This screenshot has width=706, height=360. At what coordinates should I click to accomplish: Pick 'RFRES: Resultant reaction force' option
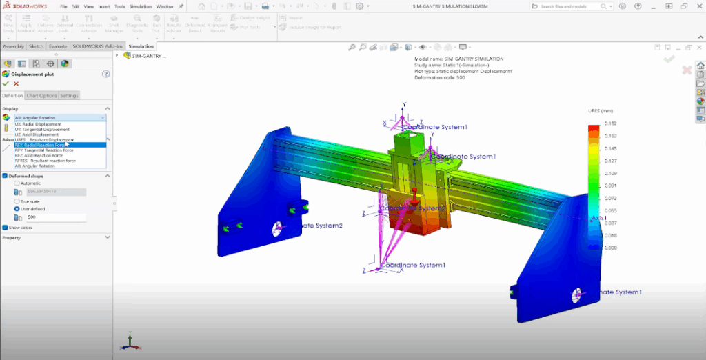(46, 161)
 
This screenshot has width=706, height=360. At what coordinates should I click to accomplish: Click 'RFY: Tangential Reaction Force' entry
(46, 150)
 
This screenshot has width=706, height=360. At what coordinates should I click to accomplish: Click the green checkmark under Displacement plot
(6, 83)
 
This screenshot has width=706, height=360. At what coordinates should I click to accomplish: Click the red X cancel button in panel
(16, 83)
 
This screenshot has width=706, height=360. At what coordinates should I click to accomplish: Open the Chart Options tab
(41, 95)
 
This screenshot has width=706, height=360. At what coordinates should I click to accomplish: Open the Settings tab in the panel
(69, 95)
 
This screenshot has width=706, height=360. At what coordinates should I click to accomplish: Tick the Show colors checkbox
(5, 226)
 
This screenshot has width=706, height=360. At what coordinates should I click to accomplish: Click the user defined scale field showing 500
(55, 217)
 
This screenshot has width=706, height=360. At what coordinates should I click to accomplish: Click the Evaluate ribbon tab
(57, 46)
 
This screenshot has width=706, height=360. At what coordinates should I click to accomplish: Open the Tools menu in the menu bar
(120, 6)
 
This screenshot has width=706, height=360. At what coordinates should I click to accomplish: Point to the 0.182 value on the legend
(611, 123)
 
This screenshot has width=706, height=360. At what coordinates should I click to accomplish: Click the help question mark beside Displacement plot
(106, 73)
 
